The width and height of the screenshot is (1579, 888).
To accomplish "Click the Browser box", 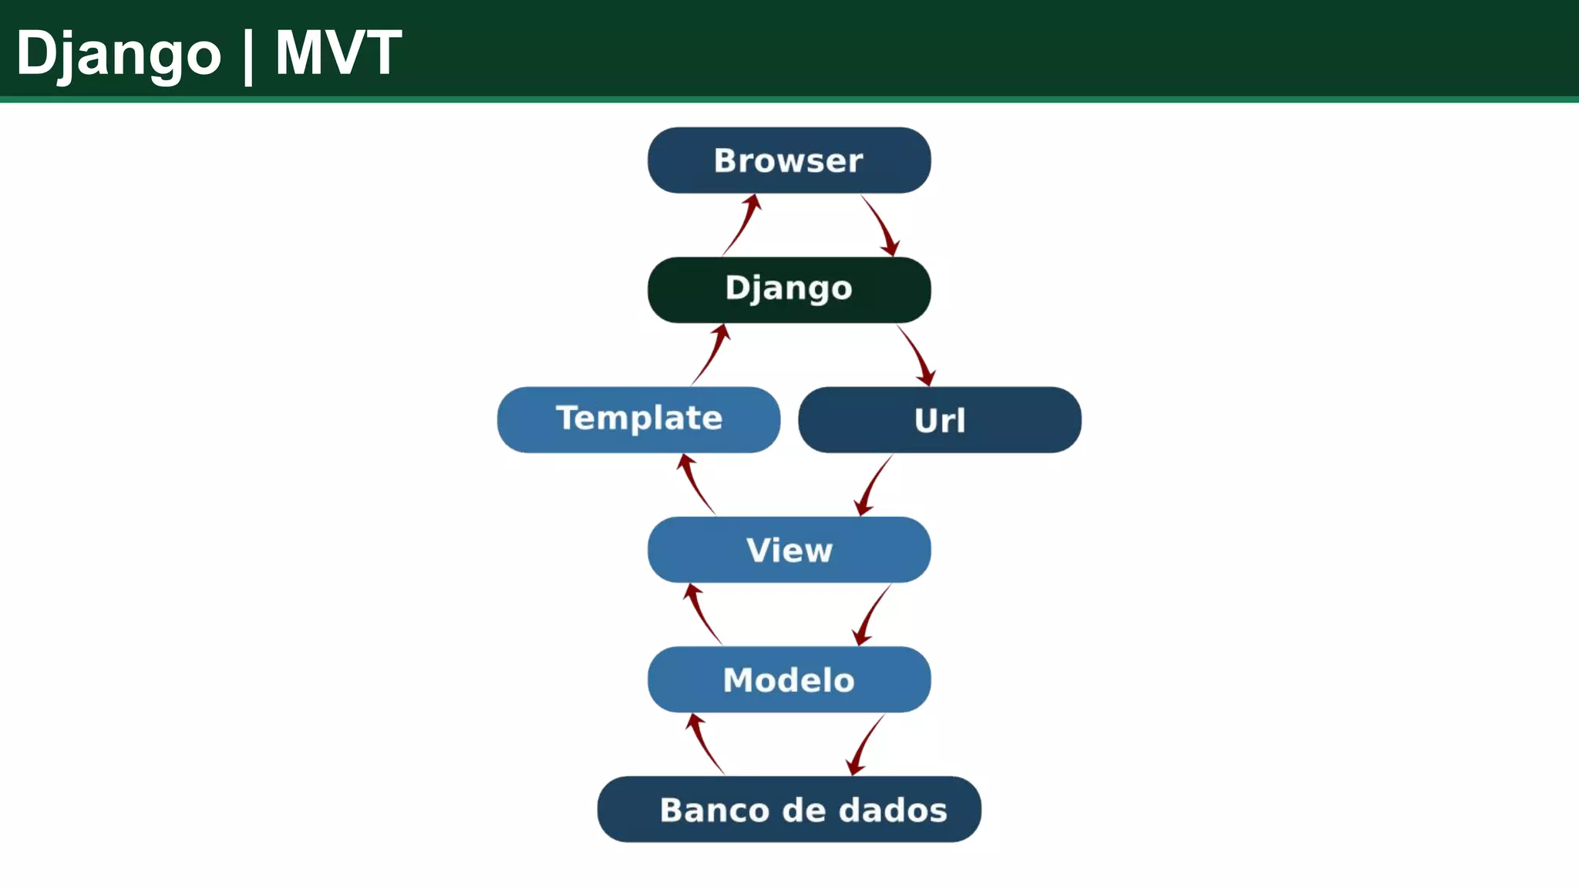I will [789, 160].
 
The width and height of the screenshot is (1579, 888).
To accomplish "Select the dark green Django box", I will [789, 290].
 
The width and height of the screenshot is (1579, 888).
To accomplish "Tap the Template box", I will [638, 419].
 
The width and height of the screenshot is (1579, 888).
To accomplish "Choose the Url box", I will [939, 420].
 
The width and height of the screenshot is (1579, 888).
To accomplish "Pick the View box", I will [789, 550].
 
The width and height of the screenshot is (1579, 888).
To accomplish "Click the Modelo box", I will [789, 679].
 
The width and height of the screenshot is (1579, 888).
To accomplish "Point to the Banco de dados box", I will [789, 809].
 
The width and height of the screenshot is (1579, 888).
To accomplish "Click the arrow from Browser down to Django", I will [880, 225].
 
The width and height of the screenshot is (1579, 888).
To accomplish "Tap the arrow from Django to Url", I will [916, 355].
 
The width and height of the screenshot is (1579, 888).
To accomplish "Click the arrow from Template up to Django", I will [710, 355].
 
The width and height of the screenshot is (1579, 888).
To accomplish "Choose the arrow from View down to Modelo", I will [870, 615].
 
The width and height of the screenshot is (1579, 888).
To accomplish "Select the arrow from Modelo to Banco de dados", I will [864, 745].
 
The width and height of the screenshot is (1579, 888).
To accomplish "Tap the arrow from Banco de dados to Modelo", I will [704, 744].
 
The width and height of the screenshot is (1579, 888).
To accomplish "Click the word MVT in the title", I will [338, 52].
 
